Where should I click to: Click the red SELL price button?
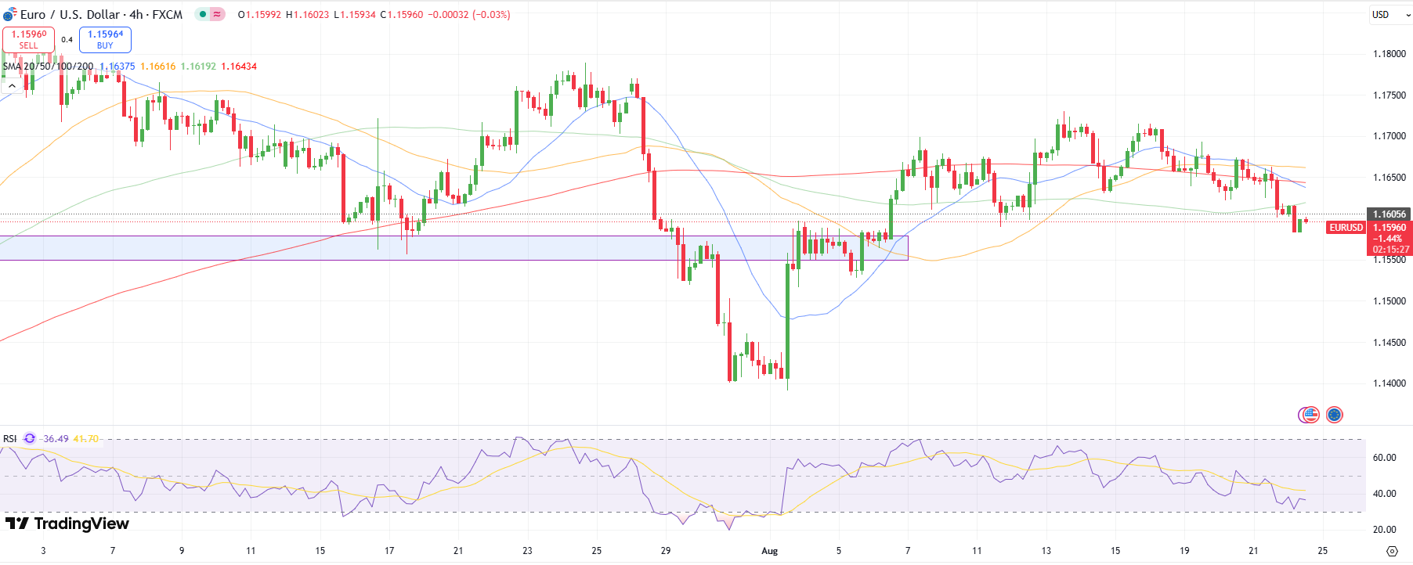[28, 39]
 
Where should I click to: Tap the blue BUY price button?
[105, 39]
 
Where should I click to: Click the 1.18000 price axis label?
[1389, 54]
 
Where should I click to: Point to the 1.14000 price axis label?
[1389, 383]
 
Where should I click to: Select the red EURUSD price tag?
[1346, 228]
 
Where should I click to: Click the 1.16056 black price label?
[1389, 214]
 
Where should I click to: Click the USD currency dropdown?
[1390, 15]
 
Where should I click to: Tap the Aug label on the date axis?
[770, 551]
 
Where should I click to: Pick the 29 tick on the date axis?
[665, 551]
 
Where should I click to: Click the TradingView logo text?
[67, 524]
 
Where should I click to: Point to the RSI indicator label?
[10, 439]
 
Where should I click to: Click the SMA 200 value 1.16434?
[239, 67]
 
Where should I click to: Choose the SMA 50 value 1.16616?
[157, 67]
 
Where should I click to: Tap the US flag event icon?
[1309, 415]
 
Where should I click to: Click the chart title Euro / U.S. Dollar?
[70, 15]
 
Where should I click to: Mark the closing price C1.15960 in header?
[401, 15]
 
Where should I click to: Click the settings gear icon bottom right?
[1391, 551]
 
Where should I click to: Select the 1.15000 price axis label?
[1389, 301]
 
